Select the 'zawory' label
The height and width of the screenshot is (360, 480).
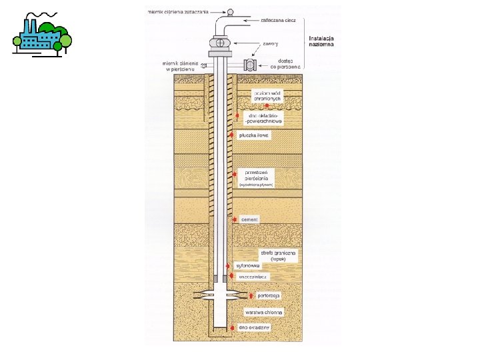click(270, 43)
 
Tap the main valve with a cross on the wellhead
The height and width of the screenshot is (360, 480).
click(221, 43)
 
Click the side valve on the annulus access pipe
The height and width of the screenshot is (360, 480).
click(251, 65)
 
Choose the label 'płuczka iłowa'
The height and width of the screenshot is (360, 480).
click(257, 135)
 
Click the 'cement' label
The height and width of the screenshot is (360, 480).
click(250, 219)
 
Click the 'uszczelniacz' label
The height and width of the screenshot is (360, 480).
click(253, 276)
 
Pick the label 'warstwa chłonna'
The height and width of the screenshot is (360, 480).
click(264, 312)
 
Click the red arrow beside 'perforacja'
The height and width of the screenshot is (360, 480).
click(251, 295)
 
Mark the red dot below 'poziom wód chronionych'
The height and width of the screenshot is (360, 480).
click(267, 106)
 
